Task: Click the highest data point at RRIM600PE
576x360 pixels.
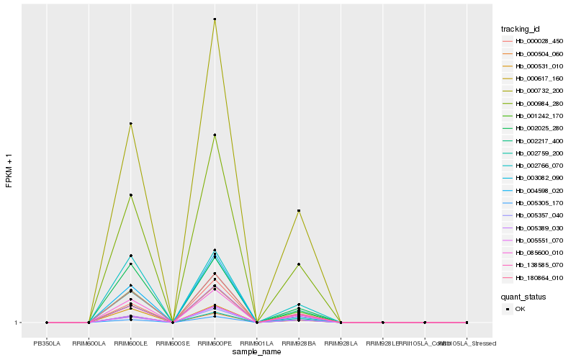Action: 215,19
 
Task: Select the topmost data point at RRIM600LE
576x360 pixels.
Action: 130,124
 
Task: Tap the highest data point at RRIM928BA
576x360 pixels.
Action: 298,210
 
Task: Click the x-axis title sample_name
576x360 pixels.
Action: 257,352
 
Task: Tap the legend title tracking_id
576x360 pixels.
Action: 521,29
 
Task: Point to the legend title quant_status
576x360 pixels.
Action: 523,296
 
